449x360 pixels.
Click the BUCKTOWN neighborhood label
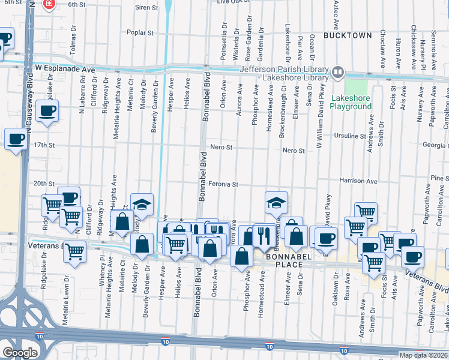(x=348, y=35)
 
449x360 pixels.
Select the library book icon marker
(x=338, y=73)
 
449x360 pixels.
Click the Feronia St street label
(x=224, y=185)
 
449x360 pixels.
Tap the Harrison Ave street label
(x=358, y=181)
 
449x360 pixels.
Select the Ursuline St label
(x=350, y=136)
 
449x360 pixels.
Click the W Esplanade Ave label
(x=65, y=69)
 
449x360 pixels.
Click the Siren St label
(x=146, y=8)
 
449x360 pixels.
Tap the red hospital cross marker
(x=49, y=5)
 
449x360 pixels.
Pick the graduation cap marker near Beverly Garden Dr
(x=142, y=205)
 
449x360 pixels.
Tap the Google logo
(x=20, y=353)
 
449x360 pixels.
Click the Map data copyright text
(x=424, y=355)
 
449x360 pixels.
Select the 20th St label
(x=44, y=184)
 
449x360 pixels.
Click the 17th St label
(x=44, y=145)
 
